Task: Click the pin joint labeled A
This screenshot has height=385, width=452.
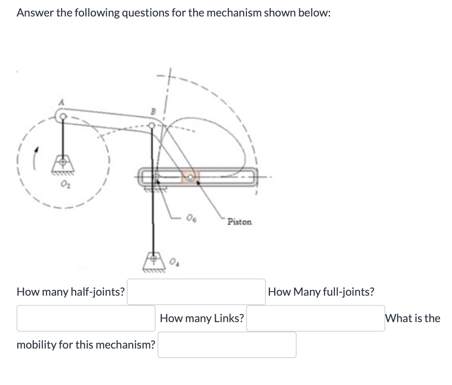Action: pyautogui.click(x=63, y=115)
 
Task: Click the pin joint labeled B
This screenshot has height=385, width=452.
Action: pyautogui.click(x=152, y=125)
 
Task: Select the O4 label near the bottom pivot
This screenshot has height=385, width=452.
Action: pyautogui.click(x=174, y=263)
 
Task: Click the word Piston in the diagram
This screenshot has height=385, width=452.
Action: pyautogui.click(x=239, y=222)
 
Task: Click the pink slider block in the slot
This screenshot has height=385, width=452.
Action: pyautogui.click(x=190, y=176)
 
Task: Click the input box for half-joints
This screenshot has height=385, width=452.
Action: pyautogui.click(x=196, y=292)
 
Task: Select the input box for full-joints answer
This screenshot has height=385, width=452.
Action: pyautogui.click(x=86, y=318)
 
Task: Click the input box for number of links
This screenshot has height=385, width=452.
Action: pyautogui.click(x=315, y=318)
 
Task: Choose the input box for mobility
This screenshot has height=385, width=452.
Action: pyautogui.click(x=227, y=345)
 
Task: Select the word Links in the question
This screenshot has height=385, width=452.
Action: pyautogui.click(x=229, y=318)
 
